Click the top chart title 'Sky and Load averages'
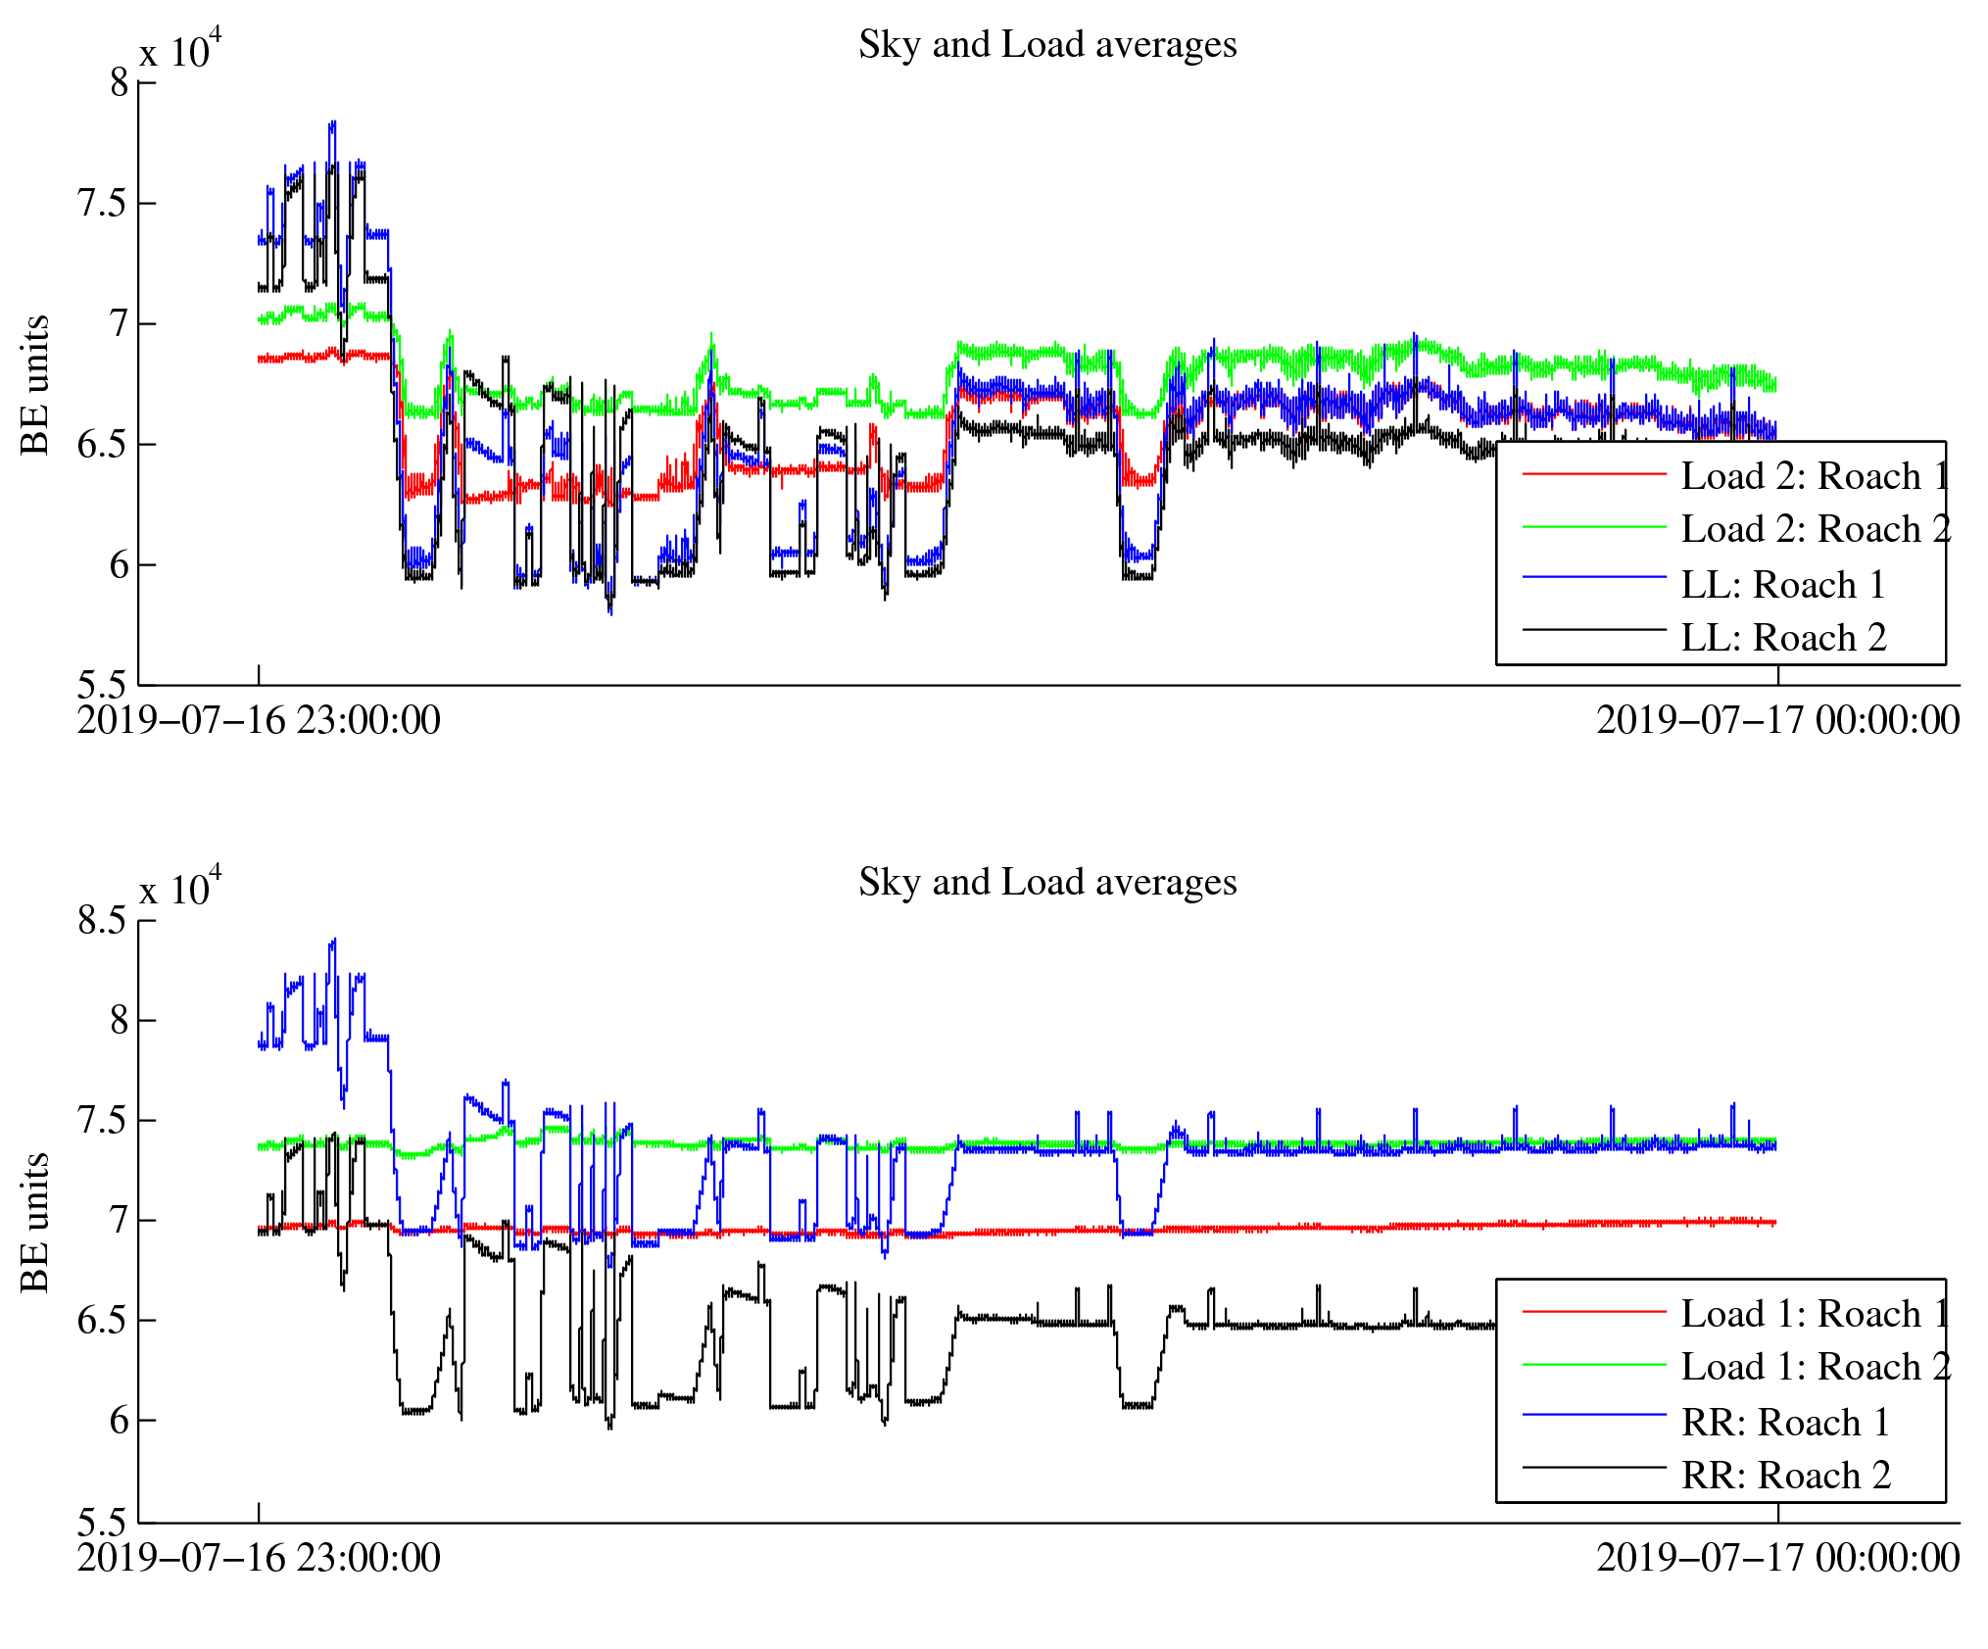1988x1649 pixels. point(1046,45)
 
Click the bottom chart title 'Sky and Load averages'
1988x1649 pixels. point(1046,883)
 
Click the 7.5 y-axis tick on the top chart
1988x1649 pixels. point(103,203)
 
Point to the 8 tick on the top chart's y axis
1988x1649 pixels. point(119,82)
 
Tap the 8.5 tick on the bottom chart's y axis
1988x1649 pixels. point(103,920)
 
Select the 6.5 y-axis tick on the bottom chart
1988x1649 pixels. point(103,1321)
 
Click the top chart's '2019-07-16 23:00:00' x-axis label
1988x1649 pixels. point(259,720)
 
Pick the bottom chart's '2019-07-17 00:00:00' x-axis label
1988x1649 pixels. point(1777,1558)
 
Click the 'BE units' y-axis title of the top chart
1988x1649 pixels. point(35,384)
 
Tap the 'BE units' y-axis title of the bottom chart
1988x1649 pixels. point(35,1222)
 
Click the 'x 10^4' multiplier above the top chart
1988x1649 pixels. point(180,51)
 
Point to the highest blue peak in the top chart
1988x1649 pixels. point(333,123)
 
